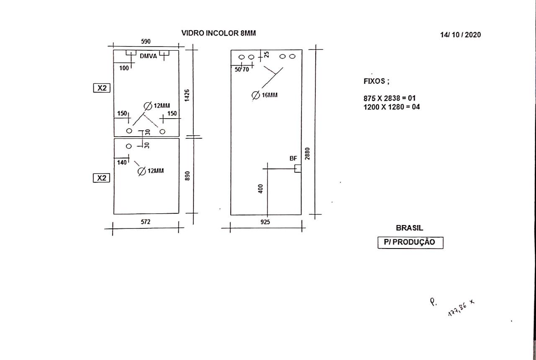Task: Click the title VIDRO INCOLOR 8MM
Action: [219, 33]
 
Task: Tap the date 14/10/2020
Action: [460, 35]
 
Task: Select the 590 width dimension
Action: [146, 41]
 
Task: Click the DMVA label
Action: [148, 56]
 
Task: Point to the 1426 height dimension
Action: [187, 95]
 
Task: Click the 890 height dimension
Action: [188, 176]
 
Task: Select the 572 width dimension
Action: [145, 222]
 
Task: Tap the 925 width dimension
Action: [265, 222]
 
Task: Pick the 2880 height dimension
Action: [307, 153]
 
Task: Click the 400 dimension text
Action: [260, 189]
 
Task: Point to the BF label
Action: [293, 158]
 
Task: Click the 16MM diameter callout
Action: [265, 95]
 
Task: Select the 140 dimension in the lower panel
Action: [122, 163]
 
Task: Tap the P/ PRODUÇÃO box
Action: [410, 243]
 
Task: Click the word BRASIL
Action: [410, 228]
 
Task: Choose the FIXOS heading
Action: [376, 81]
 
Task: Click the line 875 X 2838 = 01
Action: [389, 98]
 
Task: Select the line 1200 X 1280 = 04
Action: [392, 107]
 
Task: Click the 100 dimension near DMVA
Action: [124, 68]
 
